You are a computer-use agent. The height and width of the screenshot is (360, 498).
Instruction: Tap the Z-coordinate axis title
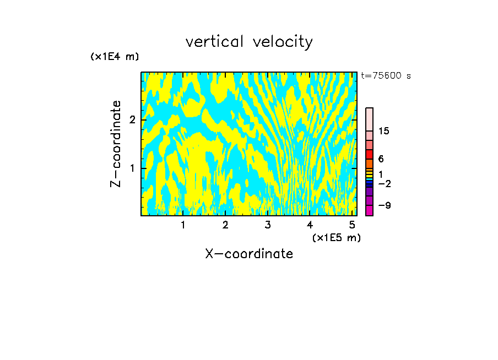point(116,144)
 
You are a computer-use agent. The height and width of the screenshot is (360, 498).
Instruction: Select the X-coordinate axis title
point(249,254)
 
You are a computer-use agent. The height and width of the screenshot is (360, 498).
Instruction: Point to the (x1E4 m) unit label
point(115,57)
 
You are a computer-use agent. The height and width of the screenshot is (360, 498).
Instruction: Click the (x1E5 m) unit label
point(336,237)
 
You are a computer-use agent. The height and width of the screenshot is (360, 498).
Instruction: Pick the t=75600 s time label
point(386,76)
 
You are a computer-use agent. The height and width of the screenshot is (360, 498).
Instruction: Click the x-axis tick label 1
point(183,225)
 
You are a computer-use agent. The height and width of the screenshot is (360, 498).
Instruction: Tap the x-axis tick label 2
point(225,225)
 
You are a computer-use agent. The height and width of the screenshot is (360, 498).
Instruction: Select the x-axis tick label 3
point(267,225)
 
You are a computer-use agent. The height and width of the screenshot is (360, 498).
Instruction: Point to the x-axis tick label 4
point(310,225)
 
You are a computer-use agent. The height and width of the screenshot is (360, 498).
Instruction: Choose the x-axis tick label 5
point(352,225)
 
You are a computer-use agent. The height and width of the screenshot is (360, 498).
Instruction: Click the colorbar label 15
point(384,131)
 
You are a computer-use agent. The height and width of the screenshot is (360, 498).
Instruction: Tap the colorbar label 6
point(381,159)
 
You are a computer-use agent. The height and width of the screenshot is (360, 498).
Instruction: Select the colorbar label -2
point(384,183)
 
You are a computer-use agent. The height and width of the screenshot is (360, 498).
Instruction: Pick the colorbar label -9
point(384,205)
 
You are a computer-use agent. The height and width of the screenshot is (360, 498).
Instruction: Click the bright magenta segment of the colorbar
point(369,210)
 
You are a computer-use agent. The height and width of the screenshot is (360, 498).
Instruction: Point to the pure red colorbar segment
point(369,154)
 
